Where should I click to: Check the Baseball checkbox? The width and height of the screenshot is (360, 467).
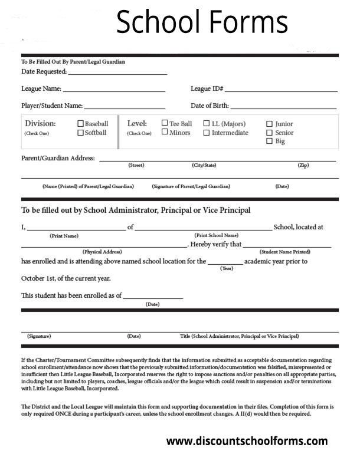click(81, 124)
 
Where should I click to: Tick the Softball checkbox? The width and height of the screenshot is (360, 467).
click(81, 133)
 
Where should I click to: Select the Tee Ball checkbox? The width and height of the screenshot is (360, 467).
click(165, 124)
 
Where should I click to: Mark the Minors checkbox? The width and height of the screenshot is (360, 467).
click(165, 133)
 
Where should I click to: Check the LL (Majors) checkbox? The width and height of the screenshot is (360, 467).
click(207, 124)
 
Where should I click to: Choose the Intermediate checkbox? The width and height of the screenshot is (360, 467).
click(207, 133)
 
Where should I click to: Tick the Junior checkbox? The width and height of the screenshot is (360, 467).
click(270, 124)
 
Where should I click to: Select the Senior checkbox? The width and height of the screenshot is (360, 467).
click(270, 133)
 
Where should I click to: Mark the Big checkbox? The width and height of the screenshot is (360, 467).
click(270, 141)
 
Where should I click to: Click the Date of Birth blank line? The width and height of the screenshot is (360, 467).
click(283, 107)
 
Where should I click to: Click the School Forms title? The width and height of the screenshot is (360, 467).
click(202, 23)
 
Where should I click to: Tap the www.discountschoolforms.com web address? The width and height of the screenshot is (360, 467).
click(247, 441)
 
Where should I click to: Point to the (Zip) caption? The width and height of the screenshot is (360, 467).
click(303, 166)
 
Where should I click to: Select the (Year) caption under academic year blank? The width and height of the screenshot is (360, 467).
click(226, 268)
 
